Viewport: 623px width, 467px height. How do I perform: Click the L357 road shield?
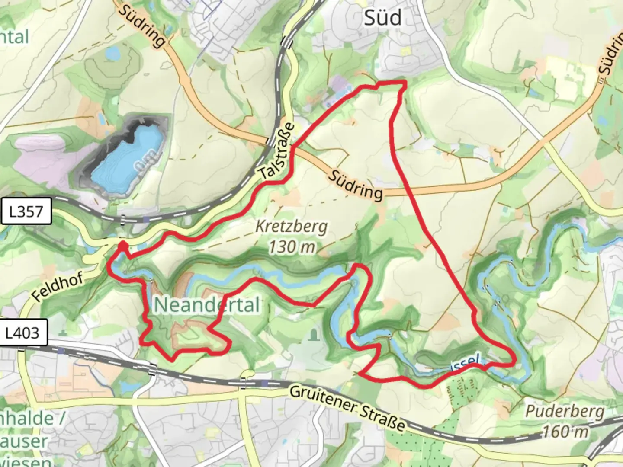(x=26, y=211)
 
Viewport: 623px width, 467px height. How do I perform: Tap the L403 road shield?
(x=22, y=333)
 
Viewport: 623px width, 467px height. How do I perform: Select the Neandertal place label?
(x=207, y=305)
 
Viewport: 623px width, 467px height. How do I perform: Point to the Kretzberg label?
(x=292, y=226)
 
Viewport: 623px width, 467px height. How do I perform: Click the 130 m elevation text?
(x=291, y=247)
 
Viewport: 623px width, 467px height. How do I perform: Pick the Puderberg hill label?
(x=565, y=411)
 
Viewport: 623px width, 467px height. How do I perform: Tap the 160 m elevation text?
(x=565, y=431)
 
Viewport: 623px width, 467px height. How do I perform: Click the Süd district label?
(x=382, y=18)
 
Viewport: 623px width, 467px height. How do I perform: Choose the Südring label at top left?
(x=141, y=26)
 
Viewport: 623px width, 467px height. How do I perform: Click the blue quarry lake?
(x=130, y=156)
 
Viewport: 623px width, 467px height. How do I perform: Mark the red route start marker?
(x=123, y=246)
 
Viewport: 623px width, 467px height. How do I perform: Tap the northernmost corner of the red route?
(x=405, y=82)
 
